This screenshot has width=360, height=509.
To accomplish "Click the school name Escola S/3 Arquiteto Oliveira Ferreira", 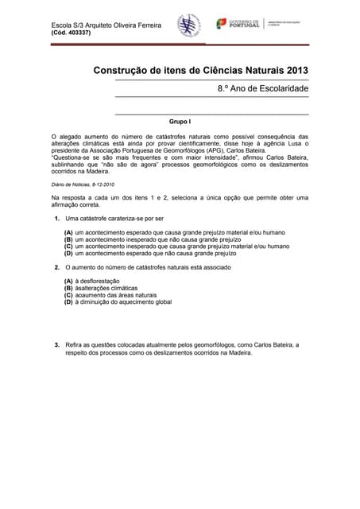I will [x=106, y=25].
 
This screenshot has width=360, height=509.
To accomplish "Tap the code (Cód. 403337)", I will [x=71, y=33].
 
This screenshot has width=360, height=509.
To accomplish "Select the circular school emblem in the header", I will [x=188, y=25].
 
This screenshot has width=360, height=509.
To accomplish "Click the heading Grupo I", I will [x=180, y=122].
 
